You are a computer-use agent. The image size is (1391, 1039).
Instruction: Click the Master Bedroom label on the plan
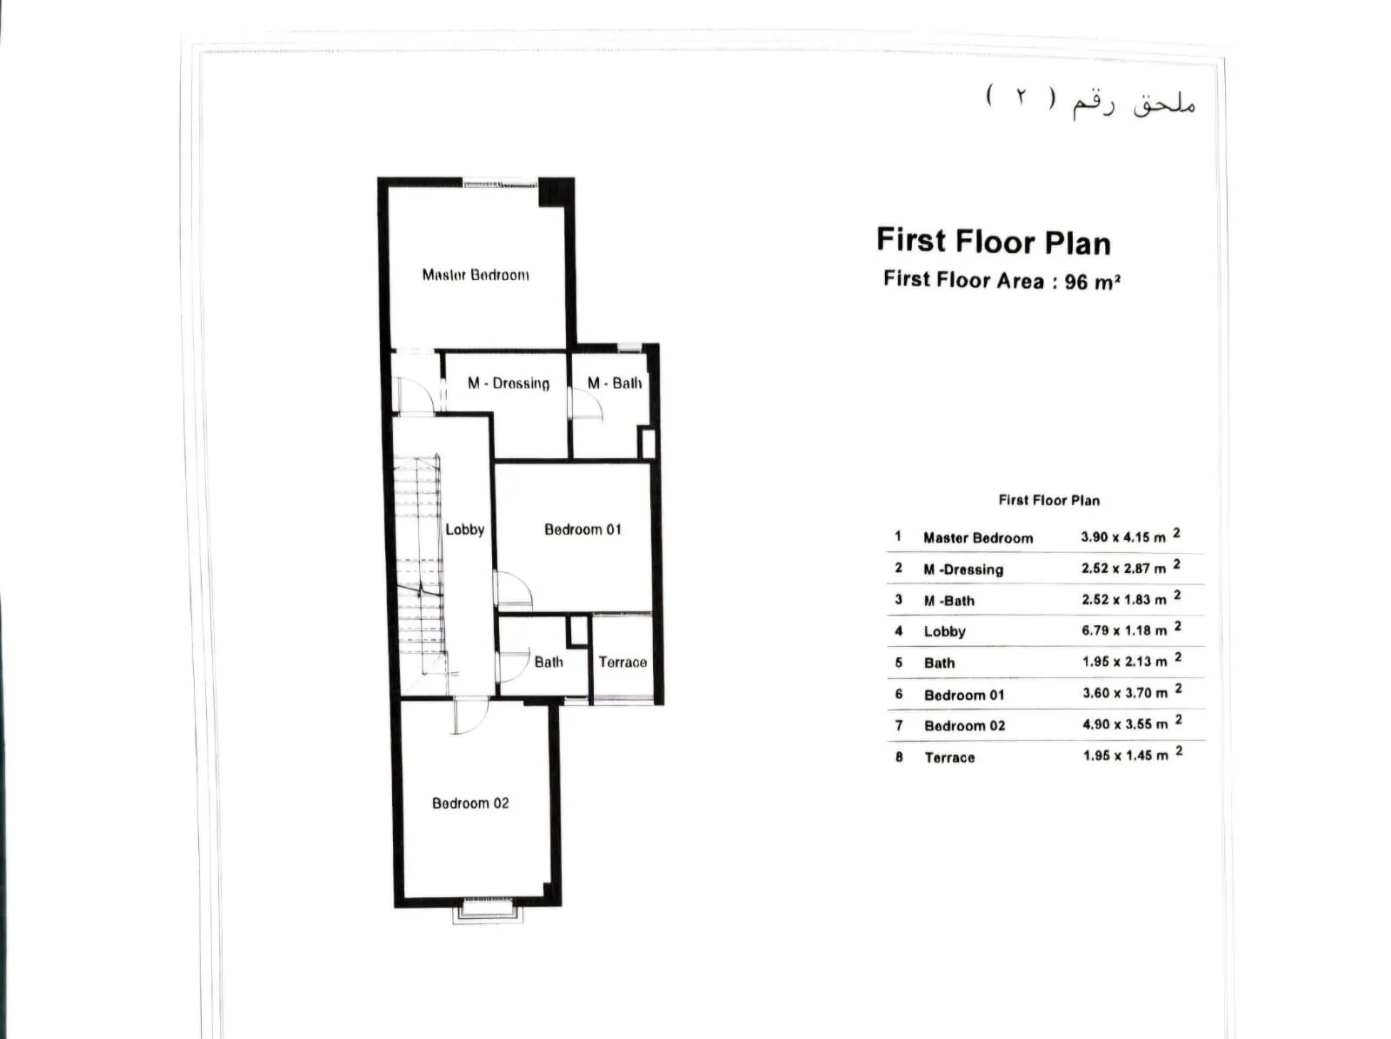(476, 276)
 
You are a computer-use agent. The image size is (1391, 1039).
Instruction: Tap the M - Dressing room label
(509, 383)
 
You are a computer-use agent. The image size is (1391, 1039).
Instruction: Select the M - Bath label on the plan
(615, 383)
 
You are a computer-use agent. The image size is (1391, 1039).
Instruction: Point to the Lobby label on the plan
(464, 529)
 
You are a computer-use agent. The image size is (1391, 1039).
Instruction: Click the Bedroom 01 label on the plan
(582, 529)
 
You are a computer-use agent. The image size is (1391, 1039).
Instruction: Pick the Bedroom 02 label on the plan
(470, 803)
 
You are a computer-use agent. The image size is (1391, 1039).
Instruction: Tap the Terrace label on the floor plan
(622, 663)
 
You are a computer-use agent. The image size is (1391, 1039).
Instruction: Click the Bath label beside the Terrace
(549, 663)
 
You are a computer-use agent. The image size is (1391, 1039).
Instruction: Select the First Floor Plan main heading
(994, 242)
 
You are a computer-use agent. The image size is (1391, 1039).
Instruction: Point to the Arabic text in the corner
(1091, 101)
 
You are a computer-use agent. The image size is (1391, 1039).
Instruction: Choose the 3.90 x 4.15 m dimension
(1124, 537)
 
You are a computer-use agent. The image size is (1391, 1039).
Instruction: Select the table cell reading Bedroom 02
(964, 726)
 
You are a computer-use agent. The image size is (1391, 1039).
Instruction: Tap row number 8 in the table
(899, 757)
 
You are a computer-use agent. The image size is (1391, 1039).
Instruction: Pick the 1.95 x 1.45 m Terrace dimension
(1126, 756)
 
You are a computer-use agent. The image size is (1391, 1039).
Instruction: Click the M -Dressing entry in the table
(963, 569)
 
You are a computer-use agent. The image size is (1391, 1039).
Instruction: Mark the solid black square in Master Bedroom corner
(554, 192)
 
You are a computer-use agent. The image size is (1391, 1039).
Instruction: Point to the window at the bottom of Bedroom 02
(486, 909)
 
